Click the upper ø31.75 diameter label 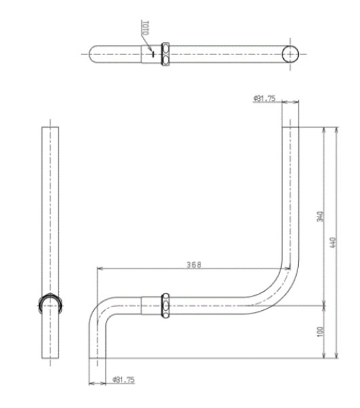pyautogui.click(x=264, y=99)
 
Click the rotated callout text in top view pyautogui.click(x=145, y=29)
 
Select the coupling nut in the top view pyautogui.click(x=165, y=54)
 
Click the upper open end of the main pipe pyautogui.click(x=290, y=104)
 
